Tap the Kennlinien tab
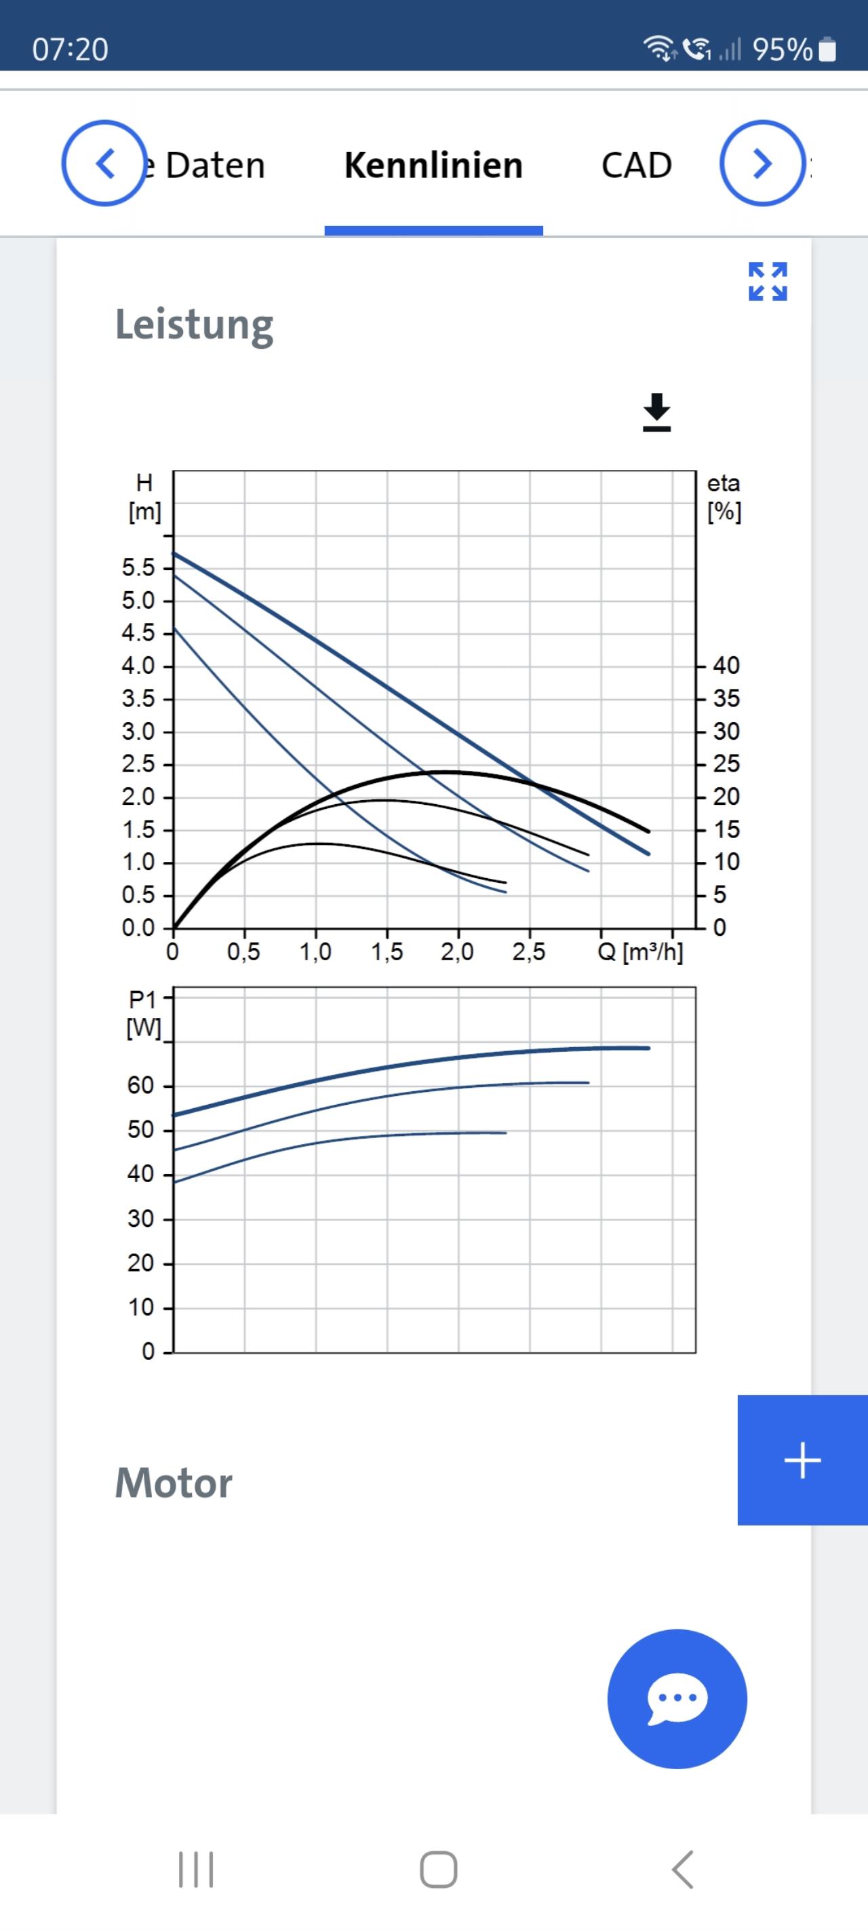click(433, 166)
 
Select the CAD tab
click(637, 166)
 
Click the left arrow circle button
click(104, 164)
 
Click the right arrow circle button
click(762, 164)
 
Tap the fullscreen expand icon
click(768, 282)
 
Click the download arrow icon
click(657, 413)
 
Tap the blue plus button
click(802, 1460)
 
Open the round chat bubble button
click(677, 1699)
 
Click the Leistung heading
click(194, 324)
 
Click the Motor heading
click(174, 1483)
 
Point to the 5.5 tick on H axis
click(138, 568)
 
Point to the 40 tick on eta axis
click(726, 665)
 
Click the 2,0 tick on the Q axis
click(457, 952)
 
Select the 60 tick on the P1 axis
click(141, 1086)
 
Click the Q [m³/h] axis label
click(640, 952)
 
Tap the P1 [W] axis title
click(144, 1014)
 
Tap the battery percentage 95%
click(782, 50)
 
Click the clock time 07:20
click(71, 50)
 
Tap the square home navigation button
click(438, 1870)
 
